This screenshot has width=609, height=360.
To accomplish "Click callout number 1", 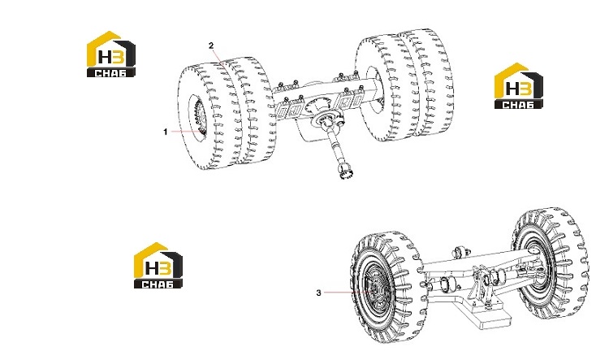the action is point(166,132).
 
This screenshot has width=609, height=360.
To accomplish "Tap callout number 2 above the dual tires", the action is point(211,46).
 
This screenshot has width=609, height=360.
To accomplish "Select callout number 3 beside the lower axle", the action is point(319,293).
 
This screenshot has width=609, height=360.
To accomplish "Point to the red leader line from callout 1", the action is point(187,132).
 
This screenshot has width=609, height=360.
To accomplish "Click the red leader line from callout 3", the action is point(346,292).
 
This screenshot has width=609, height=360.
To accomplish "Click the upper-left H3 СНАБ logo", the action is point(111,54).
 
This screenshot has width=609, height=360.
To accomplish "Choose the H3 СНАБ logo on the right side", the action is point(519,85).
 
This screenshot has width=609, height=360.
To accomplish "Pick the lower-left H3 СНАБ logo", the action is point(158,265).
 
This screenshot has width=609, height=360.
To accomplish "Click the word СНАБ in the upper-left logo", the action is point(110,72).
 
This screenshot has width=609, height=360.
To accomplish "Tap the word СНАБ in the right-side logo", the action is point(519,104).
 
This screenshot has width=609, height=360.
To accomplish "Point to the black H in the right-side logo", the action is point(512,89).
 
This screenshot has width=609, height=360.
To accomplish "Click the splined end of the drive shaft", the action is point(346,171).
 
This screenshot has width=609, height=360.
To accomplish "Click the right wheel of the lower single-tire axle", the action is point(551,262).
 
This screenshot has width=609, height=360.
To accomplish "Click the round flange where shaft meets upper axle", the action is point(330,118).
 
